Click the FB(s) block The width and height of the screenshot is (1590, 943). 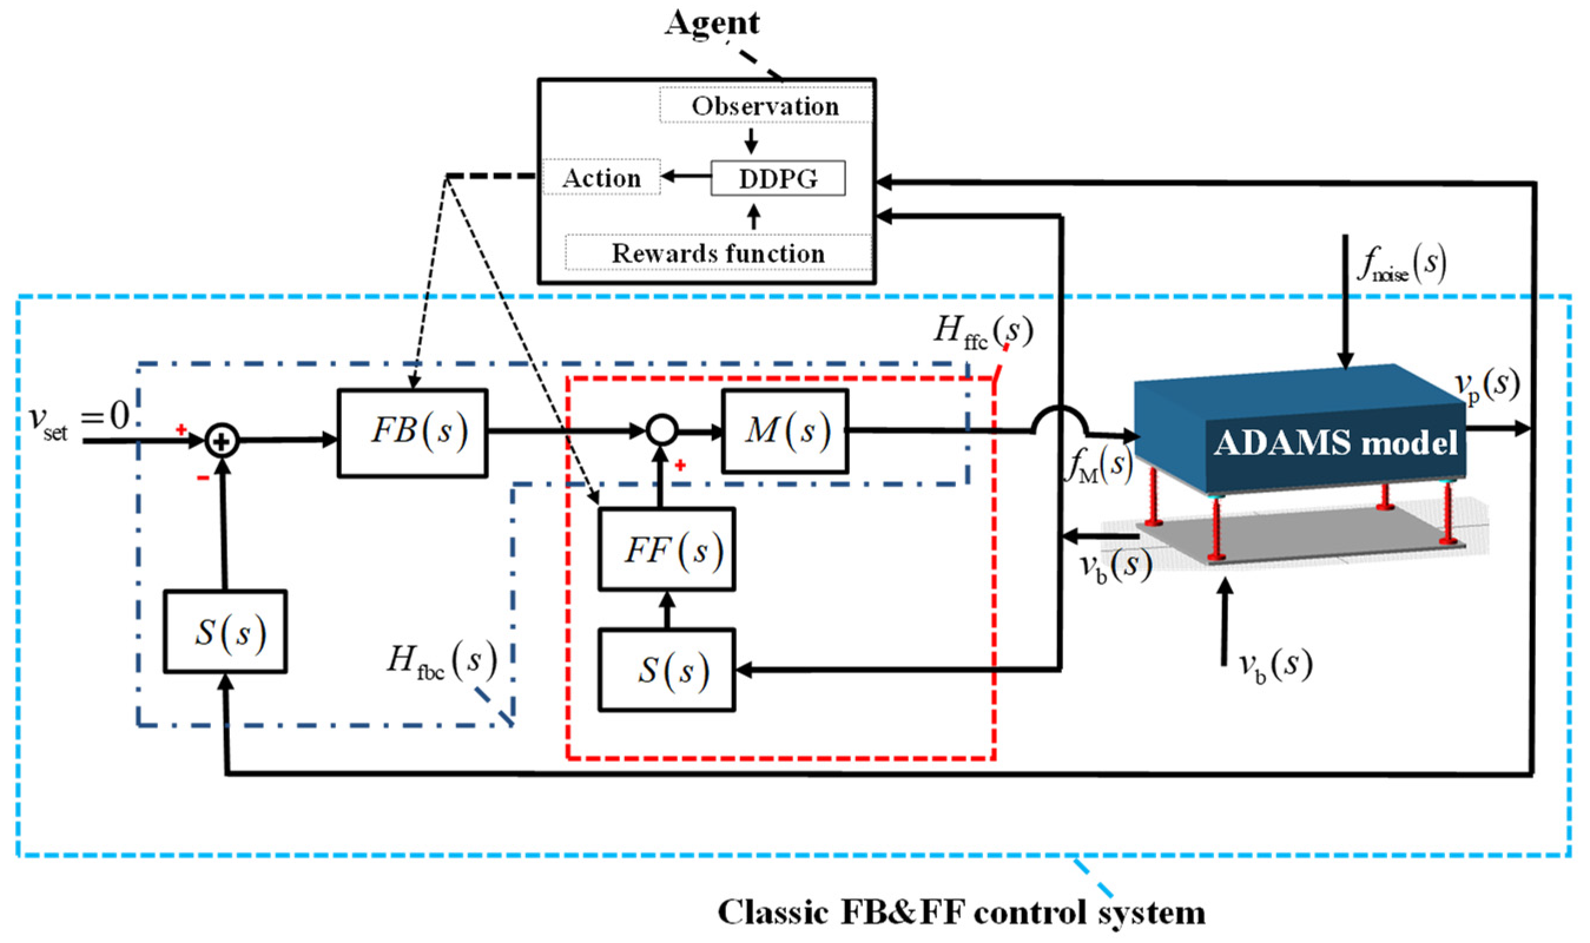tap(413, 433)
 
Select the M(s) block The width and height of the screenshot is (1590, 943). tap(784, 431)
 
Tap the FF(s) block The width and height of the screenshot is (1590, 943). tap(667, 550)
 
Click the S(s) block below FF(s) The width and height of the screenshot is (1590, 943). tap(667, 670)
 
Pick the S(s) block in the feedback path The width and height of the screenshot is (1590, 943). tap(225, 632)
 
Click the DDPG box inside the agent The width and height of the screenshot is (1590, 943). tap(777, 179)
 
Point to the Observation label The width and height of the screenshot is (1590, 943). tap(765, 106)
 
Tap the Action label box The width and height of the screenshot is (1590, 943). tap(601, 178)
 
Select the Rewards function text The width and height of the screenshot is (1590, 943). tap(718, 253)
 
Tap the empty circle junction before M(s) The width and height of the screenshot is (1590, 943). tap(661, 431)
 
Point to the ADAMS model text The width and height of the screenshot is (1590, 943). tap(1335, 443)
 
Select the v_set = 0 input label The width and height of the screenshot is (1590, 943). tap(80, 420)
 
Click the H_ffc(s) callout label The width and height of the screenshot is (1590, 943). tap(982, 332)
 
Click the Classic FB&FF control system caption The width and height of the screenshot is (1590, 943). tap(961, 913)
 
